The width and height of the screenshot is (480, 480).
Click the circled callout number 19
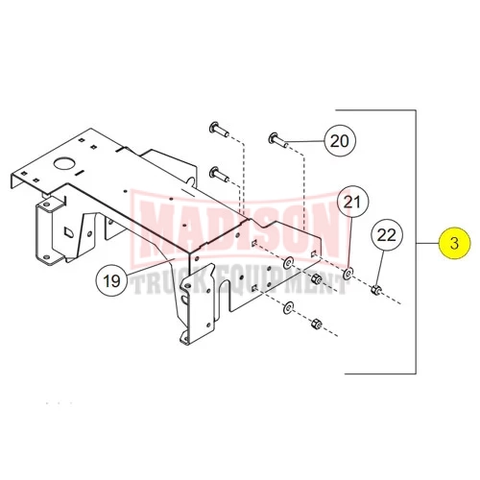(111, 281)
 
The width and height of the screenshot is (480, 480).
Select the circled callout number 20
(340, 141)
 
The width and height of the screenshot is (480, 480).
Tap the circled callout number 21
(352, 203)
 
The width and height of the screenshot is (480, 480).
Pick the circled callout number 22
(387, 235)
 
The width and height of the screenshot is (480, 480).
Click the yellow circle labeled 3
(455, 243)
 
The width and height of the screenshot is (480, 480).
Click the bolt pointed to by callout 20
(277, 140)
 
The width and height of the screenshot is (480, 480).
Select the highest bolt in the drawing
(219, 130)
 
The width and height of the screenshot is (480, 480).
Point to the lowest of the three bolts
(219, 175)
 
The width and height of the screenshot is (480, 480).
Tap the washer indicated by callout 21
(348, 273)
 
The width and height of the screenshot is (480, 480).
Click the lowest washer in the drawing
(289, 307)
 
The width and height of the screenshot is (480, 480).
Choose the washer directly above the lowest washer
(289, 264)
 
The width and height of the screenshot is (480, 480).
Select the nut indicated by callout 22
(376, 290)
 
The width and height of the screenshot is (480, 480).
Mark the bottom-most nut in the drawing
(316, 323)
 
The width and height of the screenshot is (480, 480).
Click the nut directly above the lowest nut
(316, 279)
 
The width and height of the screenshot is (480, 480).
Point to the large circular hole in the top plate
(64, 163)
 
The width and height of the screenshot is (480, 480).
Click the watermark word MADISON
(239, 228)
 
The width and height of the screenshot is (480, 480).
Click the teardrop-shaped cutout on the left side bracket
(69, 232)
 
